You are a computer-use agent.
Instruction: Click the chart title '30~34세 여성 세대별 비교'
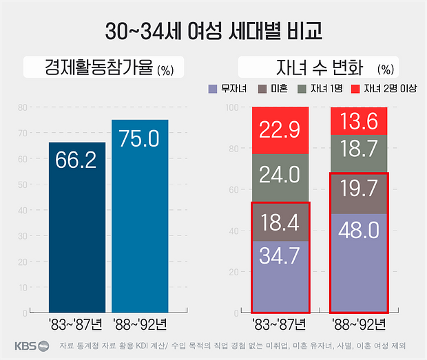pyautogui.click(x=214, y=32)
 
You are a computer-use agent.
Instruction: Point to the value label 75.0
pyautogui.click(x=140, y=139)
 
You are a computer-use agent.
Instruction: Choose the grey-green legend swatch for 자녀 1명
pyautogui.click(x=301, y=89)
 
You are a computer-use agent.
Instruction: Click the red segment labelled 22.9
pyautogui.click(x=280, y=130)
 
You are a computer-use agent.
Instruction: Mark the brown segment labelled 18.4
pyautogui.click(x=280, y=221)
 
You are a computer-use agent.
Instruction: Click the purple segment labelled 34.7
pyautogui.click(x=280, y=275)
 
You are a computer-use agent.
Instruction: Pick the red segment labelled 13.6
pyautogui.click(x=360, y=120)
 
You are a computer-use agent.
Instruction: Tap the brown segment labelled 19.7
pyautogui.click(x=360, y=193)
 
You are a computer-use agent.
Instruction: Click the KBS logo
pyautogui.click(x=32, y=346)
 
